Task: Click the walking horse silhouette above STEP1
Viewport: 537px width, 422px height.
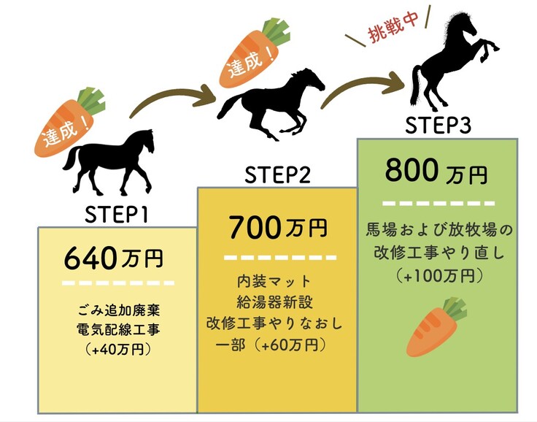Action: pos(109,158)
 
